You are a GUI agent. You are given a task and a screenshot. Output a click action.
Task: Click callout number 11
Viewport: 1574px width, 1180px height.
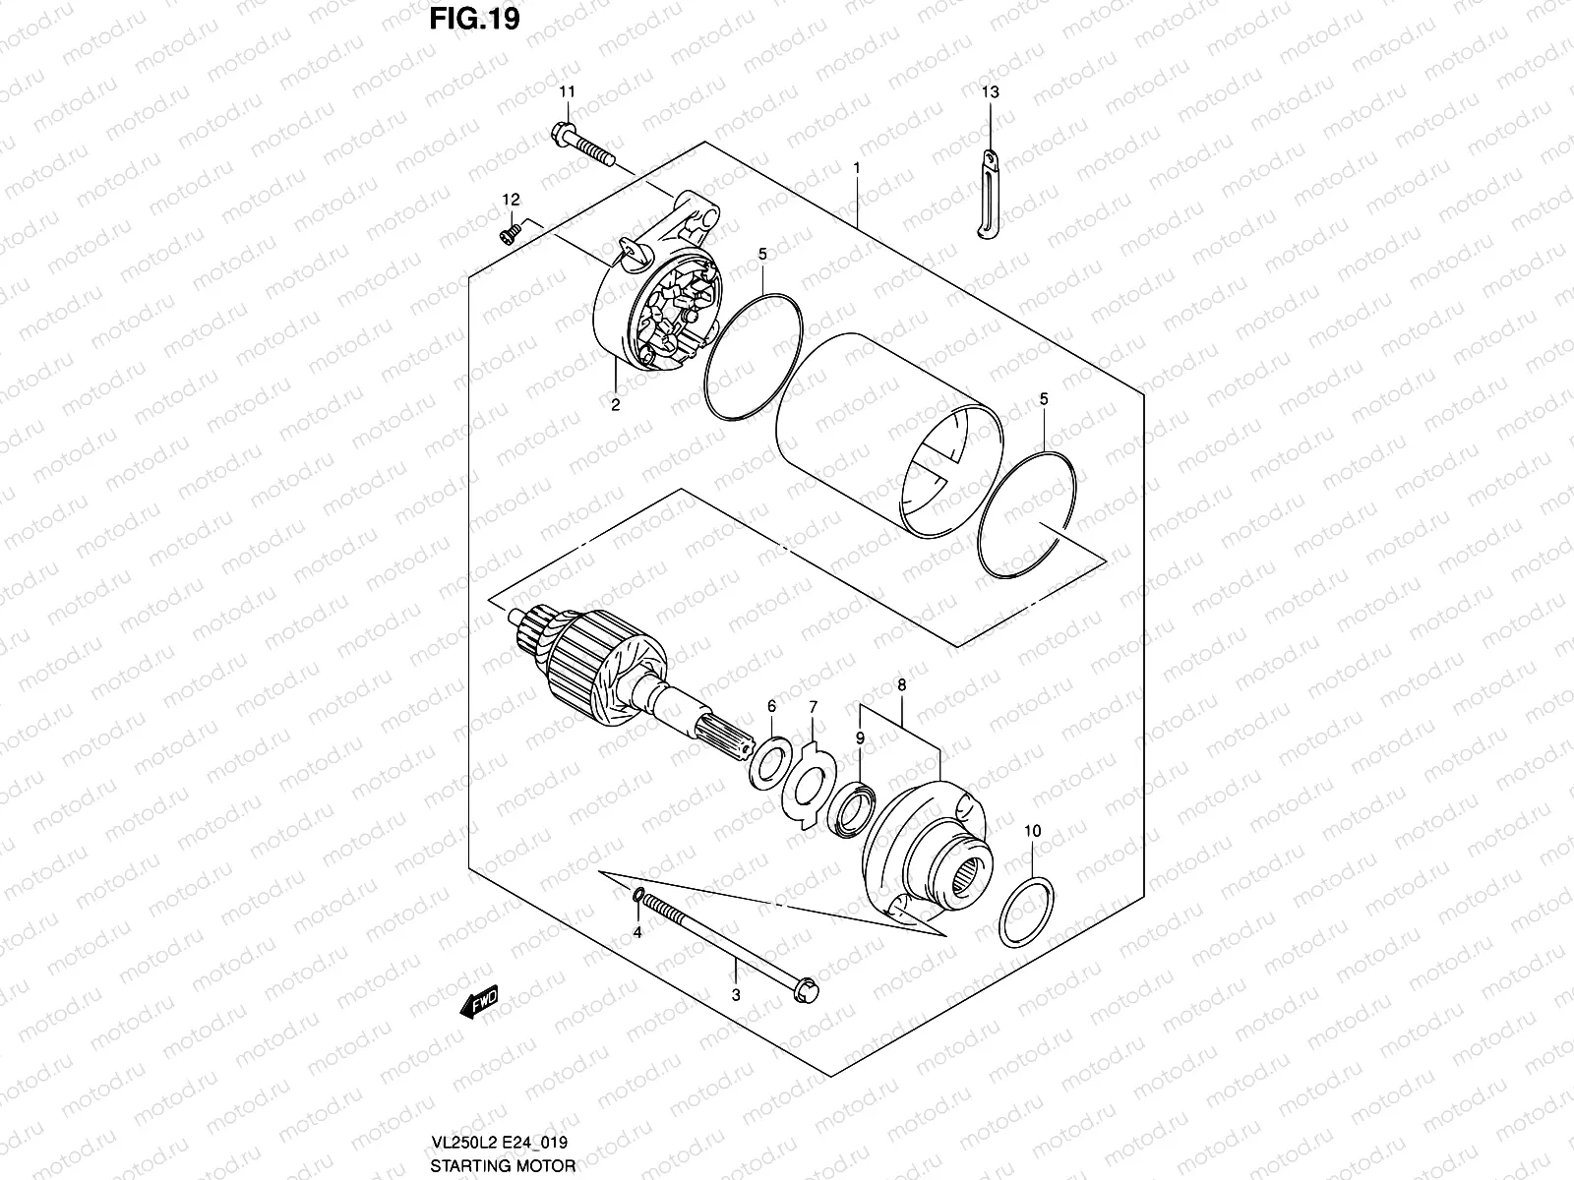(568, 92)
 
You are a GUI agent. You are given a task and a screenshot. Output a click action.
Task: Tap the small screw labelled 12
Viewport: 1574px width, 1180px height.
(510, 232)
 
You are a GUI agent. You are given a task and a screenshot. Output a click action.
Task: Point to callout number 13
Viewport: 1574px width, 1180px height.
(990, 92)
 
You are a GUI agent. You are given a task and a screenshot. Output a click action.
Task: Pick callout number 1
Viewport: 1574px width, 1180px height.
(857, 168)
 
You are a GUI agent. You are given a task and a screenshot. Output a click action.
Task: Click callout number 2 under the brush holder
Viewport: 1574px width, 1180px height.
(616, 403)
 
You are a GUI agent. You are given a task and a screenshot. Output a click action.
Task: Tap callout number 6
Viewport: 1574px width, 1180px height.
(771, 706)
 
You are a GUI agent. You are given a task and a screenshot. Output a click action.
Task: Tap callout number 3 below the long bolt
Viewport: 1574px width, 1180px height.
(736, 995)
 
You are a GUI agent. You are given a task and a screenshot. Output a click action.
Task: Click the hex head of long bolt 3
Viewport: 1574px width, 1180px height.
(804, 984)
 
